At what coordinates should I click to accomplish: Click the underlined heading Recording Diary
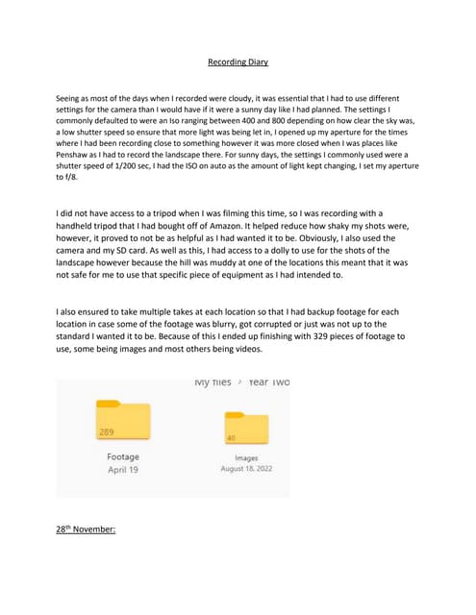[x=238, y=62]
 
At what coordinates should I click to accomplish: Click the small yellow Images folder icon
[x=245, y=428]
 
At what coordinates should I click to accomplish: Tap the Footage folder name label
[x=122, y=456]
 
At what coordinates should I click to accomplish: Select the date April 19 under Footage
[x=122, y=470]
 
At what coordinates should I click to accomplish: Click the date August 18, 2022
[x=245, y=469]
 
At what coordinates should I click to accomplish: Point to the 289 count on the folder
[x=107, y=432]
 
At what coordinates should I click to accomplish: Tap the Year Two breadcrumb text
[x=269, y=382]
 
